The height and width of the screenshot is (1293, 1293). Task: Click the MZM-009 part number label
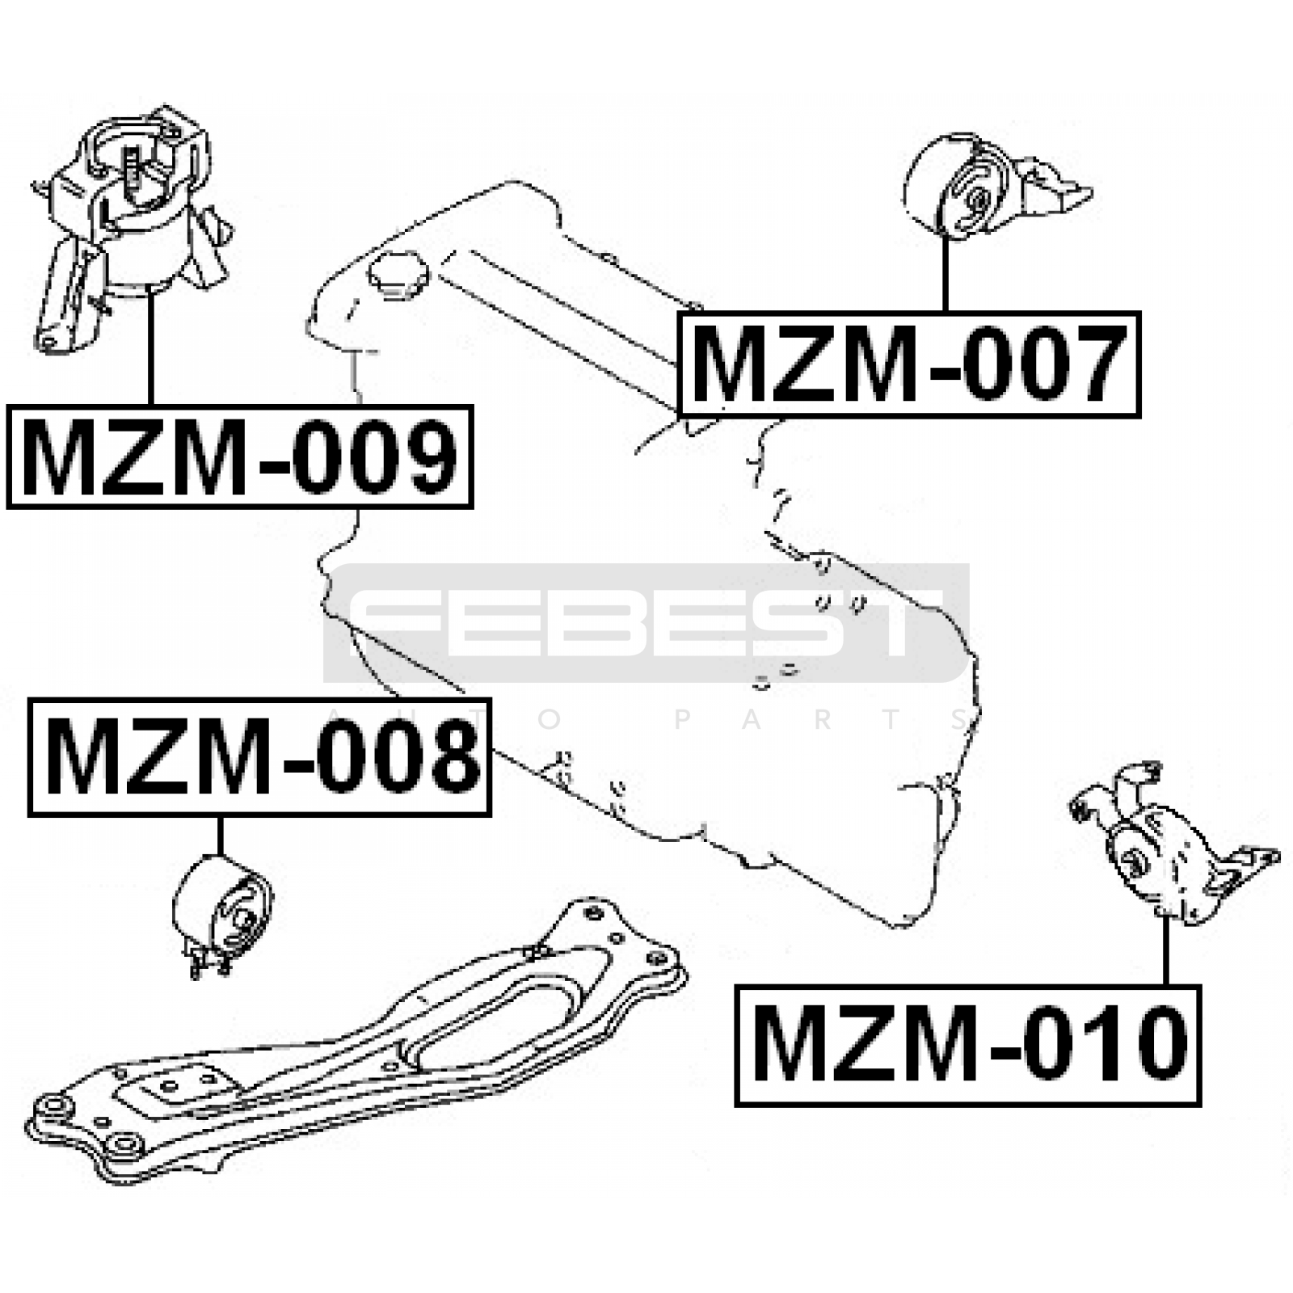click(x=240, y=457)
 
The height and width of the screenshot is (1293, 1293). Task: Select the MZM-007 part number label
click(x=909, y=364)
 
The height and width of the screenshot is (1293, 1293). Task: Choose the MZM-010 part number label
click(x=968, y=1045)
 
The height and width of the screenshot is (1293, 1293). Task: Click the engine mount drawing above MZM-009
click(x=129, y=230)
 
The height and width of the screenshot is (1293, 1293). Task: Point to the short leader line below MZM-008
click(x=219, y=836)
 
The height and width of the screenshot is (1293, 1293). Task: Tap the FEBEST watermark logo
click(x=646, y=623)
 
